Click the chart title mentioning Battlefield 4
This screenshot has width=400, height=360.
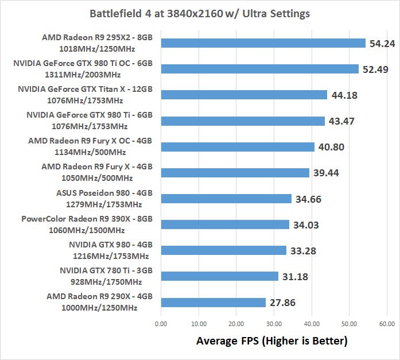click(200, 13)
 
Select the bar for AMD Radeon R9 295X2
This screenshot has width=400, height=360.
click(263, 43)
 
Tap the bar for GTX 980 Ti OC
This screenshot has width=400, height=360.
click(260, 69)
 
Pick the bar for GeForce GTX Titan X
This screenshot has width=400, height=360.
click(244, 95)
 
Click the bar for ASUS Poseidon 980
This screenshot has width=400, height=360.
click(227, 199)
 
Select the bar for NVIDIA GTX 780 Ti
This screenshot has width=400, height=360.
click(220, 276)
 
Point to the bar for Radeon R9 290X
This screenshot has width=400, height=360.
click(213, 303)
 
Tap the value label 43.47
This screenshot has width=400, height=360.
click(343, 121)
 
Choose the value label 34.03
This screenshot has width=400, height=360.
click(307, 224)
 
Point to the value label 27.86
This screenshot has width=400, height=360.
click(284, 303)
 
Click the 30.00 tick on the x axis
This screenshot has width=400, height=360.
click(274, 323)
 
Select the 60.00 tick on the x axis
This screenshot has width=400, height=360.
click(386, 323)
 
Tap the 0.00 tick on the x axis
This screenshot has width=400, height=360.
click(161, 323)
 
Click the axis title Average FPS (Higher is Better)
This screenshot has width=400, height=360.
click(272, 341)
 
